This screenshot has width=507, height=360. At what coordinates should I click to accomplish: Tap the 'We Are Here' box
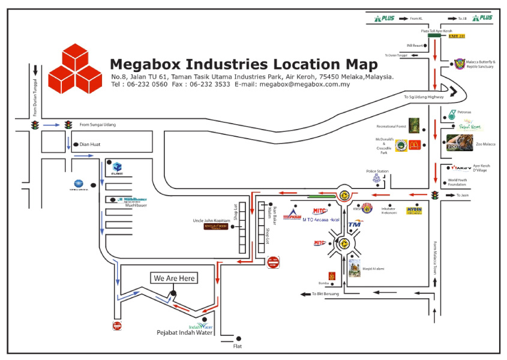tap(174, 278)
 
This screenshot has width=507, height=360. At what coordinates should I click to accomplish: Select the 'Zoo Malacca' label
tap(485, 144)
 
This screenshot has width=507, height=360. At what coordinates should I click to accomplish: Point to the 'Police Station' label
tap(377, 172)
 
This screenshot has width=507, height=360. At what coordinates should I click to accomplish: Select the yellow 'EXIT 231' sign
tap(457, 36)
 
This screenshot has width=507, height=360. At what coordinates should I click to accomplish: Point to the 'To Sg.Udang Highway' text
tap(424, 96)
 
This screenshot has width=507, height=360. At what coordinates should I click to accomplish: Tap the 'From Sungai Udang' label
tap(97, 125)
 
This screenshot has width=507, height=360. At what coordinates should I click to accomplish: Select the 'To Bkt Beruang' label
tap(326, 293)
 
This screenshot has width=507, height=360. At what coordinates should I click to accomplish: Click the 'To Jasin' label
tap(461, 195)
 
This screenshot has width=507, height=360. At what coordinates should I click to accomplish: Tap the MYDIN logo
tap(414, 211)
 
